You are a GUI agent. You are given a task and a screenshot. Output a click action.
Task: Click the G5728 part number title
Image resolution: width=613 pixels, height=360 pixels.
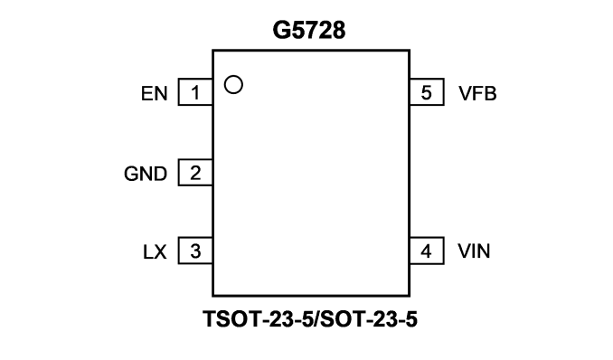309,30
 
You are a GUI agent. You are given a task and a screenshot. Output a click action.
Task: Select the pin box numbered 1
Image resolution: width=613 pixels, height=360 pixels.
195,92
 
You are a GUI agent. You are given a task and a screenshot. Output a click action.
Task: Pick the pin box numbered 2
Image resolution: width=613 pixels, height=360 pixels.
195,172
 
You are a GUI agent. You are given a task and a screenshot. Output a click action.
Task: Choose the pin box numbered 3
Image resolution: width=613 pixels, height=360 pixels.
195,251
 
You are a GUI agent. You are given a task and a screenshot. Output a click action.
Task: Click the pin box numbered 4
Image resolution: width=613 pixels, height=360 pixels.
427,251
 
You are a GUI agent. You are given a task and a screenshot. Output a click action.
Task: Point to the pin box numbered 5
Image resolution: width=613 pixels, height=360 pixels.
427,92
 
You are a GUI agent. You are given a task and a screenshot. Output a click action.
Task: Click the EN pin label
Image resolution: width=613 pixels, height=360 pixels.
154,93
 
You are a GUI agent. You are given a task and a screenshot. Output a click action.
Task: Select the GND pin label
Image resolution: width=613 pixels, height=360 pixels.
146,174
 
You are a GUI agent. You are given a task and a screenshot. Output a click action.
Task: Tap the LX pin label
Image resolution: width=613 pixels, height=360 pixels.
155,252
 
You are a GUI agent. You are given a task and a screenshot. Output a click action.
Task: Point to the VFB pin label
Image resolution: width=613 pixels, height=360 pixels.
477,93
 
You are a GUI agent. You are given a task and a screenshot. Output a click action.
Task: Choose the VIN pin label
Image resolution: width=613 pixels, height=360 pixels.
474,251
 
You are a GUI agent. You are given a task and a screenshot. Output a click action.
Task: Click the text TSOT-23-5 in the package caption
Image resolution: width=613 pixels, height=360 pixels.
258,319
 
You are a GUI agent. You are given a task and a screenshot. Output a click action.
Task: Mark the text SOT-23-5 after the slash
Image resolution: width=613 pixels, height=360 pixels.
369,319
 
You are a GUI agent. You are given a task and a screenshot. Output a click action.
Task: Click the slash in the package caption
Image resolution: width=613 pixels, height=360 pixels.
317,319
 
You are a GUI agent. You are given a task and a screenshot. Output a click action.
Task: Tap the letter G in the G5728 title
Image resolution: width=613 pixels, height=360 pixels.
281,30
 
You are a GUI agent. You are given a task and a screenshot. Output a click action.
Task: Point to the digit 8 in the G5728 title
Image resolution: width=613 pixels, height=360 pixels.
338,30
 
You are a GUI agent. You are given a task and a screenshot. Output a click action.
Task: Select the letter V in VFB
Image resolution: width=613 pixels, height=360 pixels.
466,93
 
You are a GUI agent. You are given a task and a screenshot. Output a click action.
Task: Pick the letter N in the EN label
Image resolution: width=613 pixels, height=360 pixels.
161,93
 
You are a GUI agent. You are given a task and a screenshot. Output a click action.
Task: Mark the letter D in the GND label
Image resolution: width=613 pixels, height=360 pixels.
160,174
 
